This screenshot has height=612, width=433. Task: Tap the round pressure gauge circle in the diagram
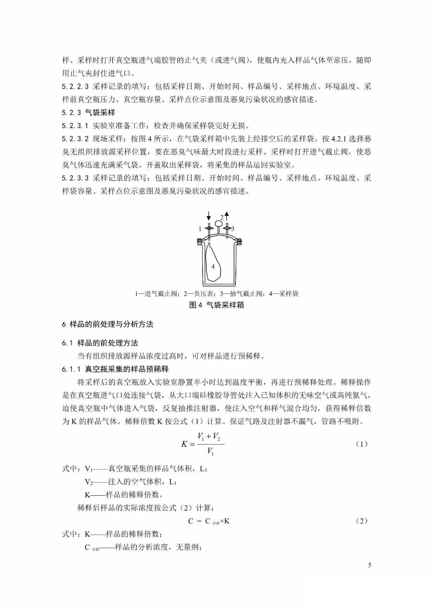coord(219,223)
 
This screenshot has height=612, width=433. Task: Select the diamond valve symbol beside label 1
coord(209,228)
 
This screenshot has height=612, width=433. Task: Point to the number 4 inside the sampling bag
coord(213,266)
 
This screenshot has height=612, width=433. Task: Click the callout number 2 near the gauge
coord(222,217)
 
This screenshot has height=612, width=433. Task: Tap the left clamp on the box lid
coord(199,241)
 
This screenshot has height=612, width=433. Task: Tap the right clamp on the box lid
coord(239,241)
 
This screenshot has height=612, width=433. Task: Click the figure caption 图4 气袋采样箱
coord(217,305)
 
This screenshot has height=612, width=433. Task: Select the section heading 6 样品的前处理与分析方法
coord(108,324)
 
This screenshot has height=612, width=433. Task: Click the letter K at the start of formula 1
coord(184,444)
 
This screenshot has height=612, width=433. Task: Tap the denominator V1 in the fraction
coord(210,452)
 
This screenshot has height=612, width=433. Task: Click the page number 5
coord(369,565)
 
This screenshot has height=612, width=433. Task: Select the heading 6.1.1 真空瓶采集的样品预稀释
coord(115,369)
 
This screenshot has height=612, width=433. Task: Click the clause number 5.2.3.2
coord(75,138)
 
